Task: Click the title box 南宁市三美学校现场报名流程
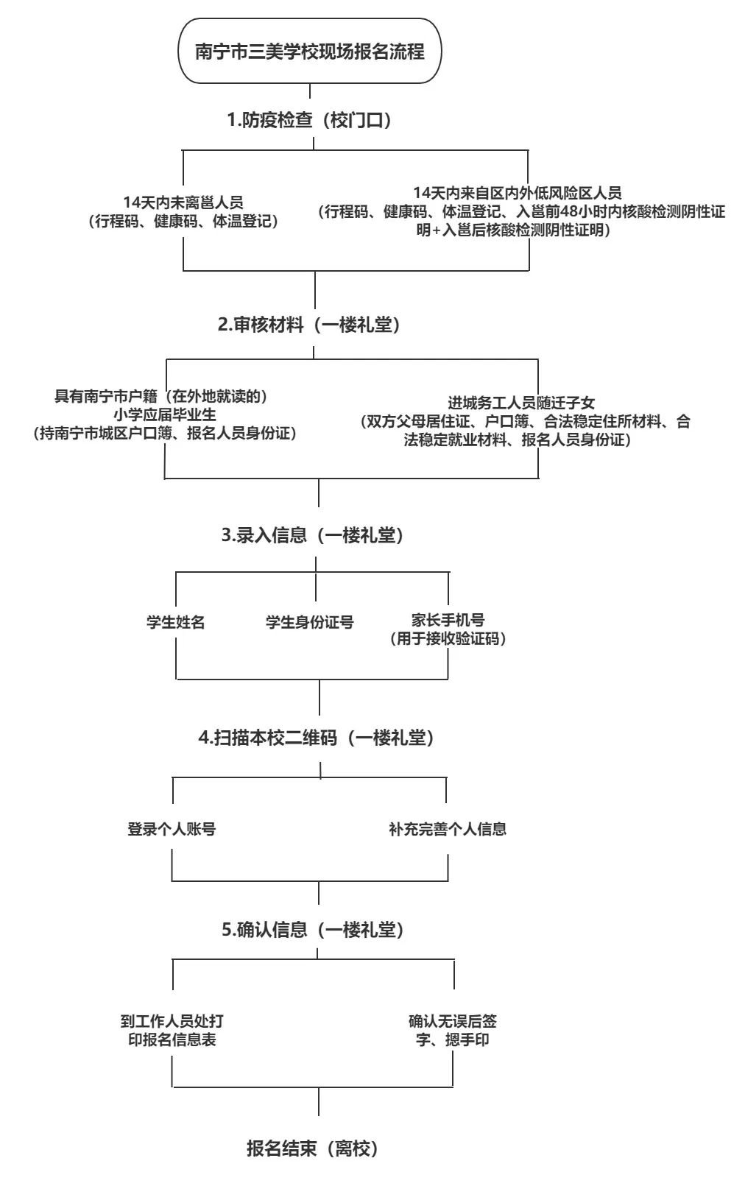(309, 52)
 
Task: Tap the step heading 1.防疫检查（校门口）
(309, 121)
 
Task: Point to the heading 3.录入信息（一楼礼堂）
(313, 535)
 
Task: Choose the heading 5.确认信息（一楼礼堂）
(313, 930)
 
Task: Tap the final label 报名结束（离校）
(312, 1148)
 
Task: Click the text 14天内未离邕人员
(183, 202)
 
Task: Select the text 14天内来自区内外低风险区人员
(518, 193)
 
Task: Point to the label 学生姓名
(175, 622)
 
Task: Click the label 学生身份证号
(309, 622)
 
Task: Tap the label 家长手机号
(448, 620)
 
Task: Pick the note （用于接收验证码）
(448, 639)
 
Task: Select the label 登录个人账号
(172, 829)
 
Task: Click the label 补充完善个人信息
(448, 829)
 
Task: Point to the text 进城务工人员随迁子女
(521, 403)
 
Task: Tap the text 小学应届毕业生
(165, 414)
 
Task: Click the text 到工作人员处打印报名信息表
(172, 1030)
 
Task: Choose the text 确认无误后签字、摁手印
(452, 1030)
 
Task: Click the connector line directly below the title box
(310, 91)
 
